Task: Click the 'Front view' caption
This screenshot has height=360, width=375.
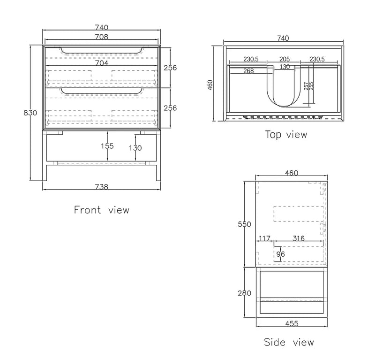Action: pyautogui.click(x=101, y=210)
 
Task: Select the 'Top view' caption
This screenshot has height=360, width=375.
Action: pyautogui.click(x=286, y=135)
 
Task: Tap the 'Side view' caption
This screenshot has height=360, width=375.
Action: pyautogui.click(x=289, y=342)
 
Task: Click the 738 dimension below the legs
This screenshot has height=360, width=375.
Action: pyautogui.click(x=102, y=186)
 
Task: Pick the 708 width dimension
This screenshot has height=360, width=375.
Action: pyautogui.click(x=102, y=36)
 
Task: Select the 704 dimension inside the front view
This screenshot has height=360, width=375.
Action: pyautogui.click(x=102, y=62)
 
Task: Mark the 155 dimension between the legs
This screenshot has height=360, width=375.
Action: pyautogui.click(x=107, y=146)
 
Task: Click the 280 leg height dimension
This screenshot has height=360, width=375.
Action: pyautogui.click(x=243, y=293)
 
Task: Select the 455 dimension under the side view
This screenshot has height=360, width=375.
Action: pyautogui.click(x=291, y=324)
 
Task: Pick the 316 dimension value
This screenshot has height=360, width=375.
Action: pyautogui.click(x=298, y=239)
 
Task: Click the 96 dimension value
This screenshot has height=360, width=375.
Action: pyautogui.click(x=281, y=254)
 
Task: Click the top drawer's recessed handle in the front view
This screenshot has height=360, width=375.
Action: pyautogui.click(x=102, y=50)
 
